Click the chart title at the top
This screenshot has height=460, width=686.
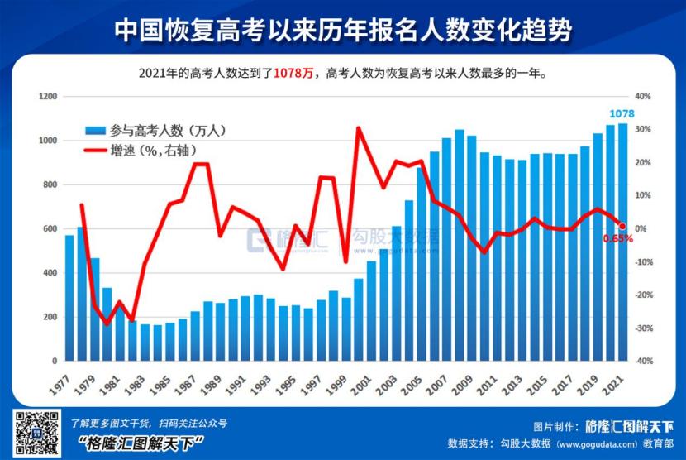coord(342,30)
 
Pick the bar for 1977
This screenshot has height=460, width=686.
coord(70,299)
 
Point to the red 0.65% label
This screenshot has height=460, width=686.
coord(617,238)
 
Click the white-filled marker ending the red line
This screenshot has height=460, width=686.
coord(622,226)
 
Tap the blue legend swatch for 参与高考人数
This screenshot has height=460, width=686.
coord(95,131)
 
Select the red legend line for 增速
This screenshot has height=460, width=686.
coord(95,151)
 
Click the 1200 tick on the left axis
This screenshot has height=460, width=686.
coord(47,97)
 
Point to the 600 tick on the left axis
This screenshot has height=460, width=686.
coord(50,229)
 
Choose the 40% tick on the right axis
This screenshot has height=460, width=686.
coord(644,97)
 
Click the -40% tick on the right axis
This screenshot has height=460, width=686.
coord(643,362)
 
